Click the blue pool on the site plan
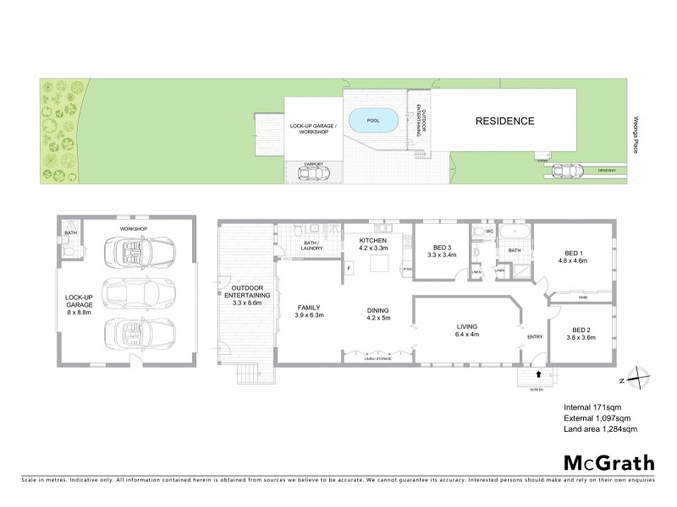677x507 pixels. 372,121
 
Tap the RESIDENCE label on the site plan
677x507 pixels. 504,121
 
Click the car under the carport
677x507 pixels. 314,174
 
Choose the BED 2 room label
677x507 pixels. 580,333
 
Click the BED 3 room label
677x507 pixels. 442,249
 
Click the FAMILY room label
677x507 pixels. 308,310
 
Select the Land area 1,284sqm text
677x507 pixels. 599,429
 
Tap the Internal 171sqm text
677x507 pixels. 593,408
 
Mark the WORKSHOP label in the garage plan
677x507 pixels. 135,228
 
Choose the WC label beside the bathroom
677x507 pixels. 479,231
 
